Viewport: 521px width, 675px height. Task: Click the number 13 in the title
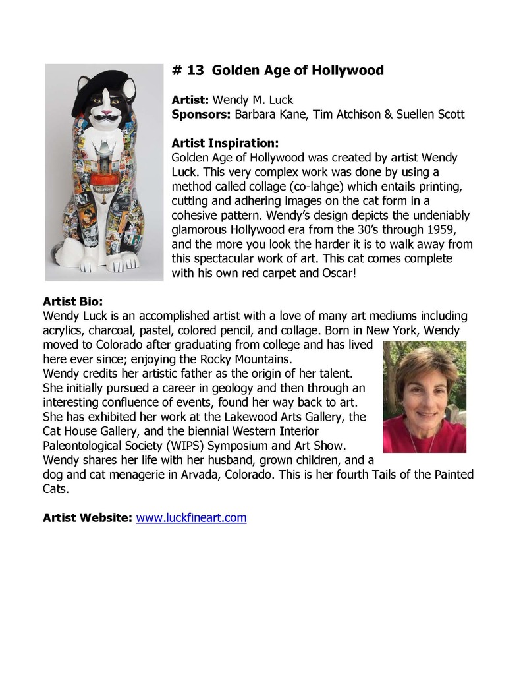(195, 71)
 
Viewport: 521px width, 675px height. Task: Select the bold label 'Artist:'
(190, 100)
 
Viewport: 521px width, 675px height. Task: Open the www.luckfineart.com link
(191, 518)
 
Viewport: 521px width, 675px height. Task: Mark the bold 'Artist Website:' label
(88, 518)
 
